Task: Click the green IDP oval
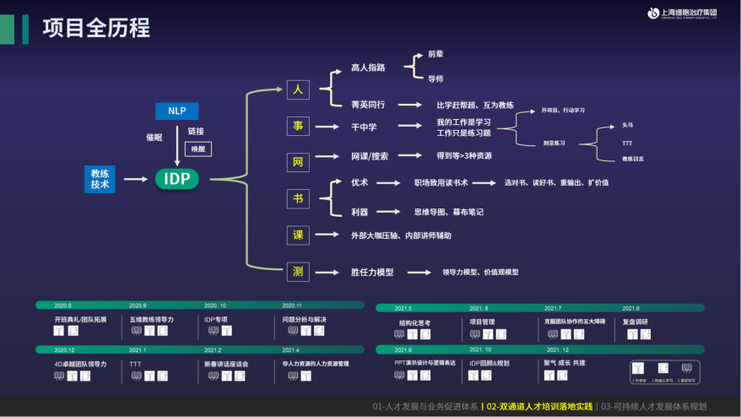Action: coord(177,178)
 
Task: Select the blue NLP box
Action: coord(176,111)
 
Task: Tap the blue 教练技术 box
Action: coord(100,178)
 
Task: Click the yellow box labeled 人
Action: coord(298,89)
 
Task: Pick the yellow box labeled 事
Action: coord(298,127)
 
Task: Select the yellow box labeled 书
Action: coord(298,198)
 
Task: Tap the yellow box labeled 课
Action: coord(298,236)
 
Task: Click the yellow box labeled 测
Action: coord(298,271)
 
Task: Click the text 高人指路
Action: coord(368,68)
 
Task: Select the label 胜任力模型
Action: coord(372,273)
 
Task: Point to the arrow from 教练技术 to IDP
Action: coord(135,178)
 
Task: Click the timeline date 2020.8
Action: coord(62,306)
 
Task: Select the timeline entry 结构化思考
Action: coord(414,322)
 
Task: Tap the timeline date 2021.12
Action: coord(558,349)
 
